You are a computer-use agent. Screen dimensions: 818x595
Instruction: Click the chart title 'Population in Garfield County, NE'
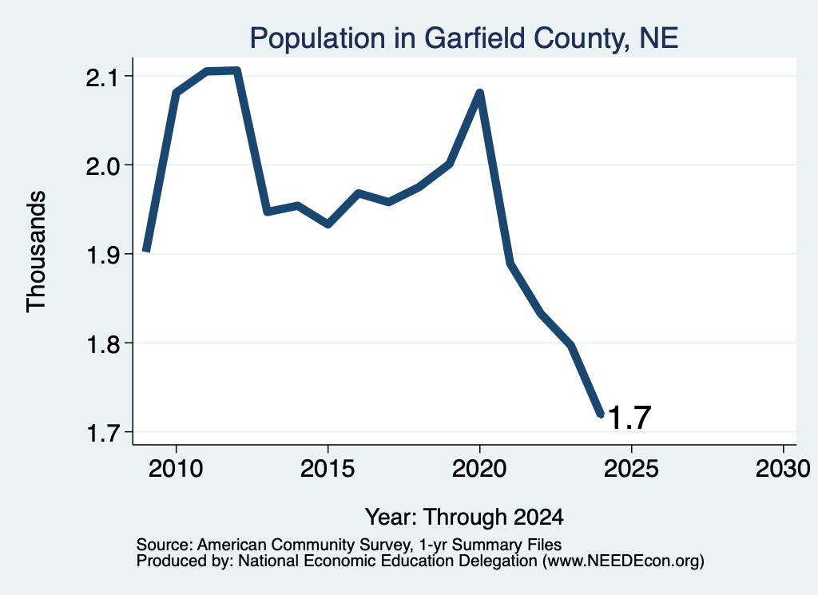[464, 38]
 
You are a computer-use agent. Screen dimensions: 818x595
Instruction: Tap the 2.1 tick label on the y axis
[103, 77]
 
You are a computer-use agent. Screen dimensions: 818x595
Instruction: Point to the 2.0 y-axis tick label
[103, 166]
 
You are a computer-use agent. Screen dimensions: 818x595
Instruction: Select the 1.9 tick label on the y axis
[103, 255]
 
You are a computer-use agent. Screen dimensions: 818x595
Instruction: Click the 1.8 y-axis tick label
[103, 344]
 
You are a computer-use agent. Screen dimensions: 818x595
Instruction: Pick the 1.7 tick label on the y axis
[103, 433]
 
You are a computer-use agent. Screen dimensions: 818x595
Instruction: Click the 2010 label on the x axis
[176, 469]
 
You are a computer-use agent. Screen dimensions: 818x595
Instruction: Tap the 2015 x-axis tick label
[328, 469]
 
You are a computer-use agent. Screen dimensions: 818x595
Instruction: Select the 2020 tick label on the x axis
[479, 469]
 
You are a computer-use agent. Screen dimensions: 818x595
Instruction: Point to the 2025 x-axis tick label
[631, 469]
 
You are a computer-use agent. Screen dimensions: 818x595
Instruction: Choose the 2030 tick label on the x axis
[783, 469]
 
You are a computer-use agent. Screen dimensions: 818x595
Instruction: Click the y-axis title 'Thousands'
[37, 252]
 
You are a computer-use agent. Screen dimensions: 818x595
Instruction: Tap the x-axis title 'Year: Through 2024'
[464, 517]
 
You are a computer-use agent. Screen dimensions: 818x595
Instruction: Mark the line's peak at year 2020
[479, 93]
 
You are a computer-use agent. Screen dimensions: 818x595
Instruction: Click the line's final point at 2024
[601, 415]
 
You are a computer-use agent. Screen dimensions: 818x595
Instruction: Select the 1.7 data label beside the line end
[629, 418]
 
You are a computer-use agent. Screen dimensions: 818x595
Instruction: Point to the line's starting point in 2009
[147, 251]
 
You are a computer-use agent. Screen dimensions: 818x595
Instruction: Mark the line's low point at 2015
[328, 224]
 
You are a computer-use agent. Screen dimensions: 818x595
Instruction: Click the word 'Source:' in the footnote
[165, 545]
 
